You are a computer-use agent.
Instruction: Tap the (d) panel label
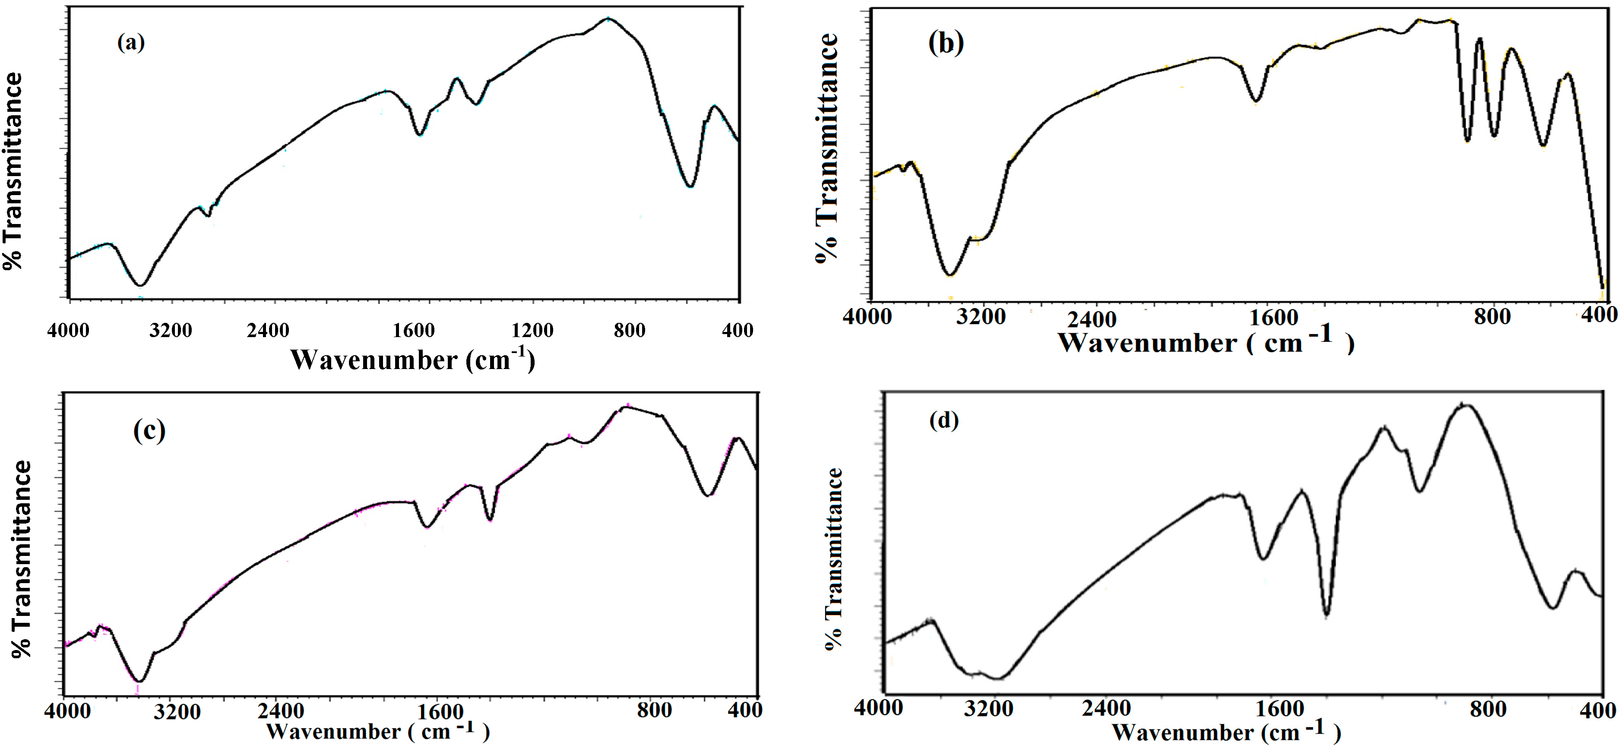pyautogui.click(x=944, y=420)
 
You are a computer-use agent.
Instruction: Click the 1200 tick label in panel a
pyautogui.click(x=532, y=330)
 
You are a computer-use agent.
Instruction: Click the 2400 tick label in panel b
pyautogui.click(x=1092, y=319)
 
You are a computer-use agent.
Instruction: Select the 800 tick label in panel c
pyautogui.click(x=654, y=710)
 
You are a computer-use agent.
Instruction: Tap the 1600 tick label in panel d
pyautogui.click(x=1280, y=709)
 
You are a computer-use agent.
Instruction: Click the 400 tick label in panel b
pyautogui.click(x=1599, y=314)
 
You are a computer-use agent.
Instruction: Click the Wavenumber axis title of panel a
pyautogui.click(x=412, y=360)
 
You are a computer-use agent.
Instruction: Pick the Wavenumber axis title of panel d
pyautogui.click(x=1226, y=732)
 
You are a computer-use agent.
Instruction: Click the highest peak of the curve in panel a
pyautogui.click(x=608, y=19)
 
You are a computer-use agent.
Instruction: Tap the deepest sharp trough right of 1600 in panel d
pyautogui.click(x=1327, y=614)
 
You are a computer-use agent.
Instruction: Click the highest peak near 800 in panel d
pyautogui.click(x=1464, y=404)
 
